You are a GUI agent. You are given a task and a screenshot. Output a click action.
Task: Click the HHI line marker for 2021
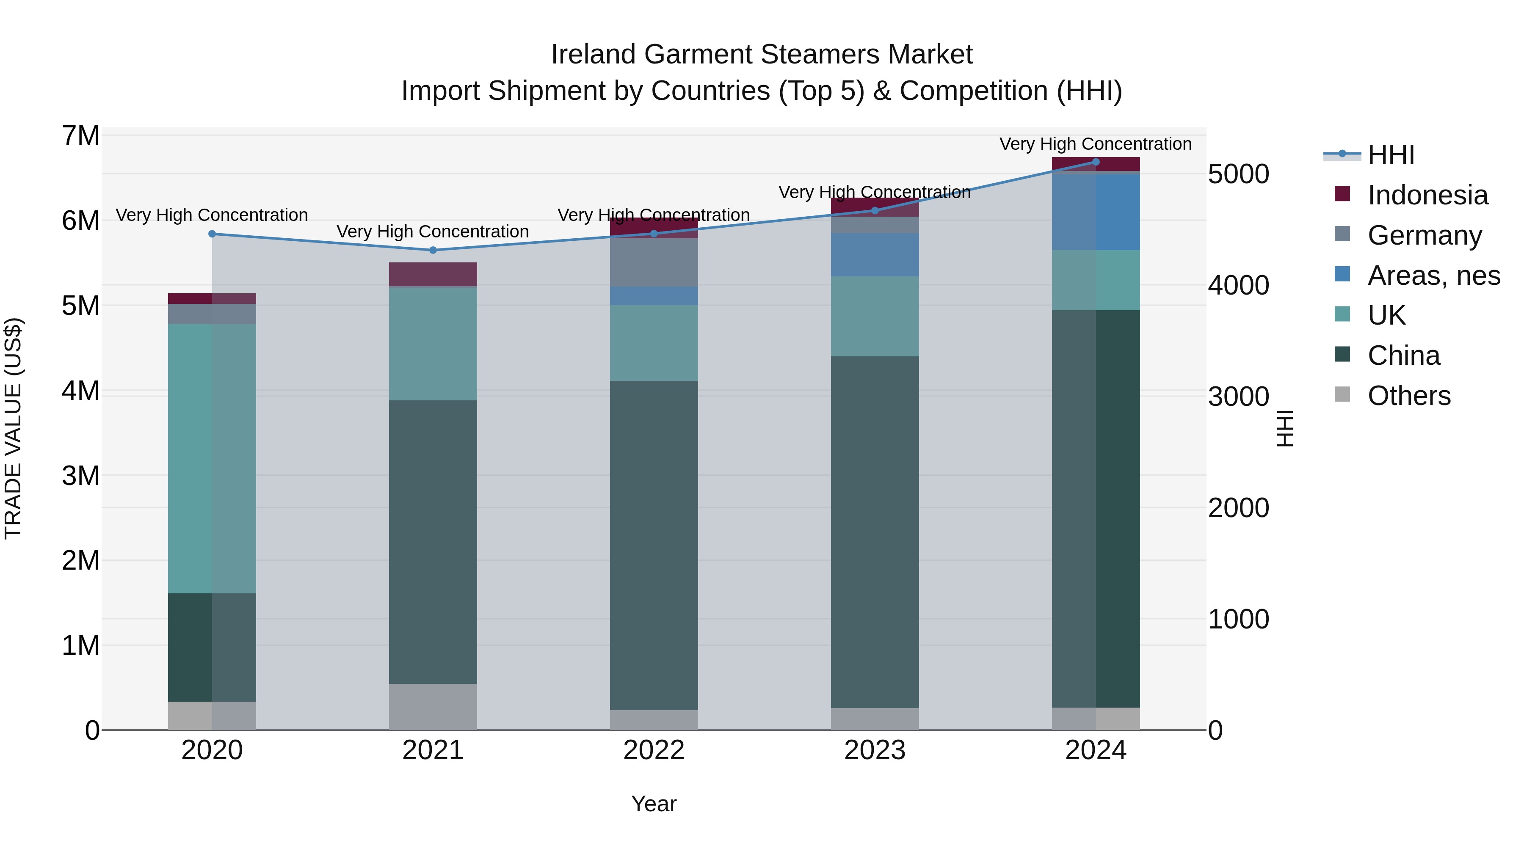[433, 250]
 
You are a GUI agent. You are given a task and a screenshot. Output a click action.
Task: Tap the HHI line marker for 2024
[1096, 162]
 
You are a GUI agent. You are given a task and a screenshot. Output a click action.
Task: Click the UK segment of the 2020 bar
[212, 458]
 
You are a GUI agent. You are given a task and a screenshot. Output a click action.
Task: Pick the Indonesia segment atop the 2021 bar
[433, 274]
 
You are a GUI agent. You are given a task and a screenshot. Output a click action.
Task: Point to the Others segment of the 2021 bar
[433, 707]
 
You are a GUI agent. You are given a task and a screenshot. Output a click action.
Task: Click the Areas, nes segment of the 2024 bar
[1096, 211]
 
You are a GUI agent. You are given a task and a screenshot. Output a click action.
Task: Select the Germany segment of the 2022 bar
[654, 262]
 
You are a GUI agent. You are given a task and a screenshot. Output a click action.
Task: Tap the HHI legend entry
[1390, 155]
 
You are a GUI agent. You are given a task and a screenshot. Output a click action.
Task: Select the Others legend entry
[1408, 396]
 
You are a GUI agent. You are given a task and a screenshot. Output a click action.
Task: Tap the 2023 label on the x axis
[875, 750]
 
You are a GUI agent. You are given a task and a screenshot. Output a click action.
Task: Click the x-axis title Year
[654, 804]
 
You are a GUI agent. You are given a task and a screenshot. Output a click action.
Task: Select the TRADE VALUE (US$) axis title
[13, 428]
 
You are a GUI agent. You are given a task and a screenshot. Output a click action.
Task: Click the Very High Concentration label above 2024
[1095, 144]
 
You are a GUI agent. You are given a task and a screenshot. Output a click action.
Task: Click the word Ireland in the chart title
[594, 55]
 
